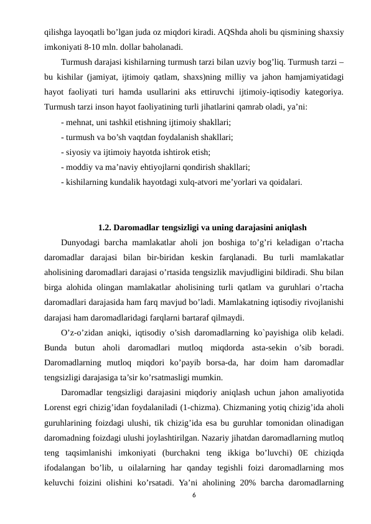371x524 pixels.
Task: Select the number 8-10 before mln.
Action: pos(97,45)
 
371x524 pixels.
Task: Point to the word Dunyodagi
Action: pos(82,242)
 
